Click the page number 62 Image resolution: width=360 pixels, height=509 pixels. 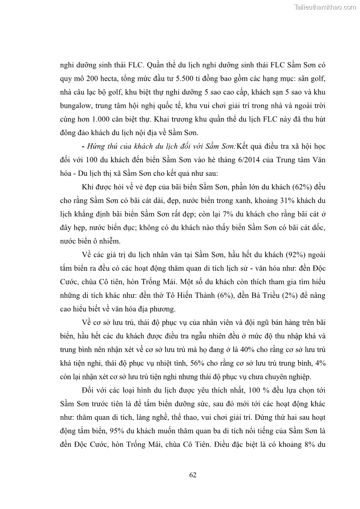click(192, 475)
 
